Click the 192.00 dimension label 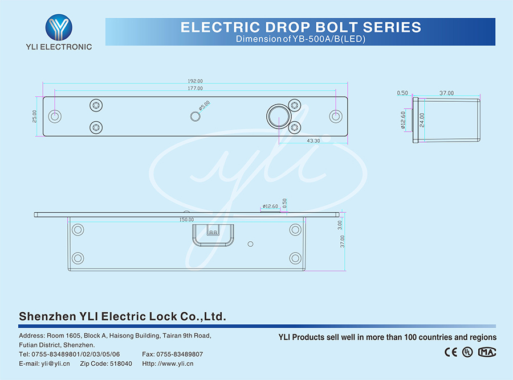196,81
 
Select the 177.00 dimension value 196,89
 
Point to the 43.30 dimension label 313,141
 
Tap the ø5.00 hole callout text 204,106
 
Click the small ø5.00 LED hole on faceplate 195,116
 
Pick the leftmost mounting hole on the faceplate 55,116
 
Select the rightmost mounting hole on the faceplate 335,116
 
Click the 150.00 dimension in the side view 186,220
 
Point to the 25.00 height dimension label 35,116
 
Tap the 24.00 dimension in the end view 422,119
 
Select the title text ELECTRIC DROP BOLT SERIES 300,27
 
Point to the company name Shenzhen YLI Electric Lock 123,316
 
